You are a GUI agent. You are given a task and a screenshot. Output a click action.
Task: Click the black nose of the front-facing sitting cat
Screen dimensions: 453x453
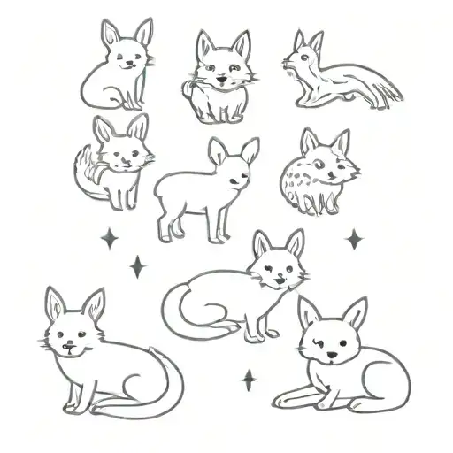[219, 81]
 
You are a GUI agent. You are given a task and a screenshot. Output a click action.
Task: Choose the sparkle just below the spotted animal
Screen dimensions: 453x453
[354, 239]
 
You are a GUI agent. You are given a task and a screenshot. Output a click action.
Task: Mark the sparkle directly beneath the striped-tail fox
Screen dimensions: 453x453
[110, 239]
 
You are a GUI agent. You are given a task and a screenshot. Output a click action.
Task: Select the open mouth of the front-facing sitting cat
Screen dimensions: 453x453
[219, 88]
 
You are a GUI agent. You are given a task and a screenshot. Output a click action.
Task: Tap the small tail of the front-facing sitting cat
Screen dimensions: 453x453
[187, 88]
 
